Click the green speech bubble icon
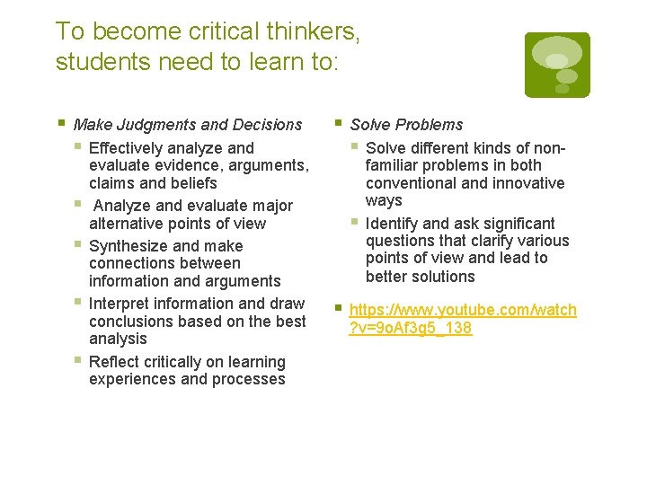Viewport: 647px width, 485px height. [x=557, y=65]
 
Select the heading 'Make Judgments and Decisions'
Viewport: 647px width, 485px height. [x=188, y=125]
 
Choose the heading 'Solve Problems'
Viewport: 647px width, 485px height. [x=406, y=125]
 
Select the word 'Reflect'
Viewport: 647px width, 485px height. [x=114, y=362]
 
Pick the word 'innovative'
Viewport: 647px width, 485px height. [x=527, y=183]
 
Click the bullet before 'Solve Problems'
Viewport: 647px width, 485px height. [x=337, y=123]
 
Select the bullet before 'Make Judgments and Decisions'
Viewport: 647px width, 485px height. [x=60, y=123]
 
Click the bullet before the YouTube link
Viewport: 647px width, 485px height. [x=337, y=308]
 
